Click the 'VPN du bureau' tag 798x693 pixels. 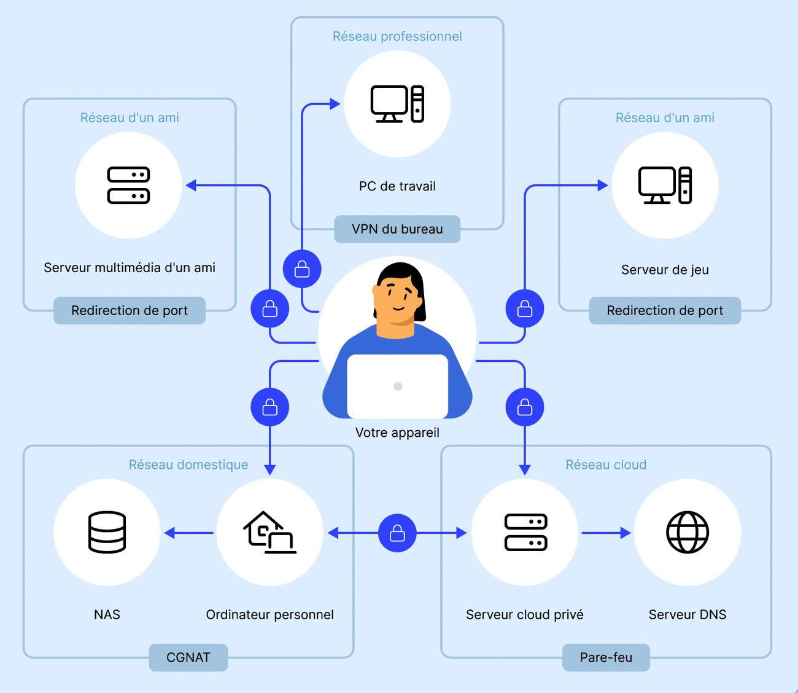[x=397, y=229]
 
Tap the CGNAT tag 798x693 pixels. [x=188, y=657]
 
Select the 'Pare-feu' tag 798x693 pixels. [x=606, y=657]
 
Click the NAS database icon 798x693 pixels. [x=107, y=532]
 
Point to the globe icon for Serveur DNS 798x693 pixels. [x=688, y=532]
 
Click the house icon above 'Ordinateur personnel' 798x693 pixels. [x=269, y=532]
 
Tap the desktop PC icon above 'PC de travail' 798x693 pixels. [x=397, y=104]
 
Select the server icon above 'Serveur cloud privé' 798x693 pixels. [x=526, y=532]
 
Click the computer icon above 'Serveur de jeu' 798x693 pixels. [x=665, y=186]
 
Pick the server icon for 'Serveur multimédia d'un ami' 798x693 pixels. [x=129, y=186]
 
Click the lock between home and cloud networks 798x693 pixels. [x=397, y=533]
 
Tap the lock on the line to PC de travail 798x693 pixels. [x=302, y=269]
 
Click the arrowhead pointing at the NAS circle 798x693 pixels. [x=169, y=533]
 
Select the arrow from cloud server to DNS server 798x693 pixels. [x=606, y=533]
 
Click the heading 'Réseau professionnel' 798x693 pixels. [x=397, y=36]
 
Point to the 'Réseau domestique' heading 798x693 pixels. [x=188, y=464]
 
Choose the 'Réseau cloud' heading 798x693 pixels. [x=606, y=464]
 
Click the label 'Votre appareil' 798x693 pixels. [x=397, y=433]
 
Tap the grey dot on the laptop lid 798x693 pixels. [x=398, y=386]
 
